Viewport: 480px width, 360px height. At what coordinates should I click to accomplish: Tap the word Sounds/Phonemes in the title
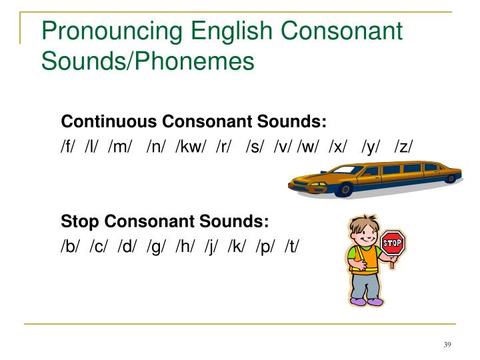click(147, 61)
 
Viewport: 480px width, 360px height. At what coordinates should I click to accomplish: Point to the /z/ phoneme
click(404, 145)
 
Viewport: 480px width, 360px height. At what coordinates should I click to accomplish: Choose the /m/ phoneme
click(120, 145)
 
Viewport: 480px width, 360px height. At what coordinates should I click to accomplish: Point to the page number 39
click(447, 344)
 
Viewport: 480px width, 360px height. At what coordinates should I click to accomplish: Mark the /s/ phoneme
click(254, 145)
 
